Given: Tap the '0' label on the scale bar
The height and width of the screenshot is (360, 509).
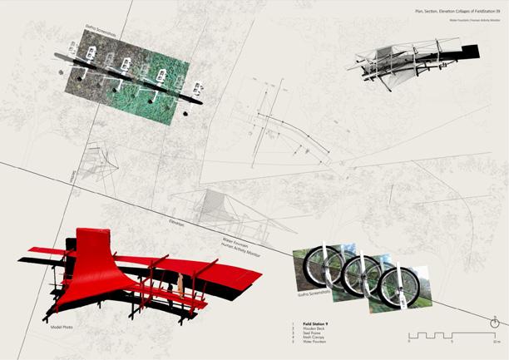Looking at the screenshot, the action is tap(408, 343).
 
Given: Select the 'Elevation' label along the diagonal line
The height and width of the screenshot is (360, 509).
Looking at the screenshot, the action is tap(176, 225).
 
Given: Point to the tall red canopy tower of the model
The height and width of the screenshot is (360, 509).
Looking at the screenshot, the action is tap(89, 249).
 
